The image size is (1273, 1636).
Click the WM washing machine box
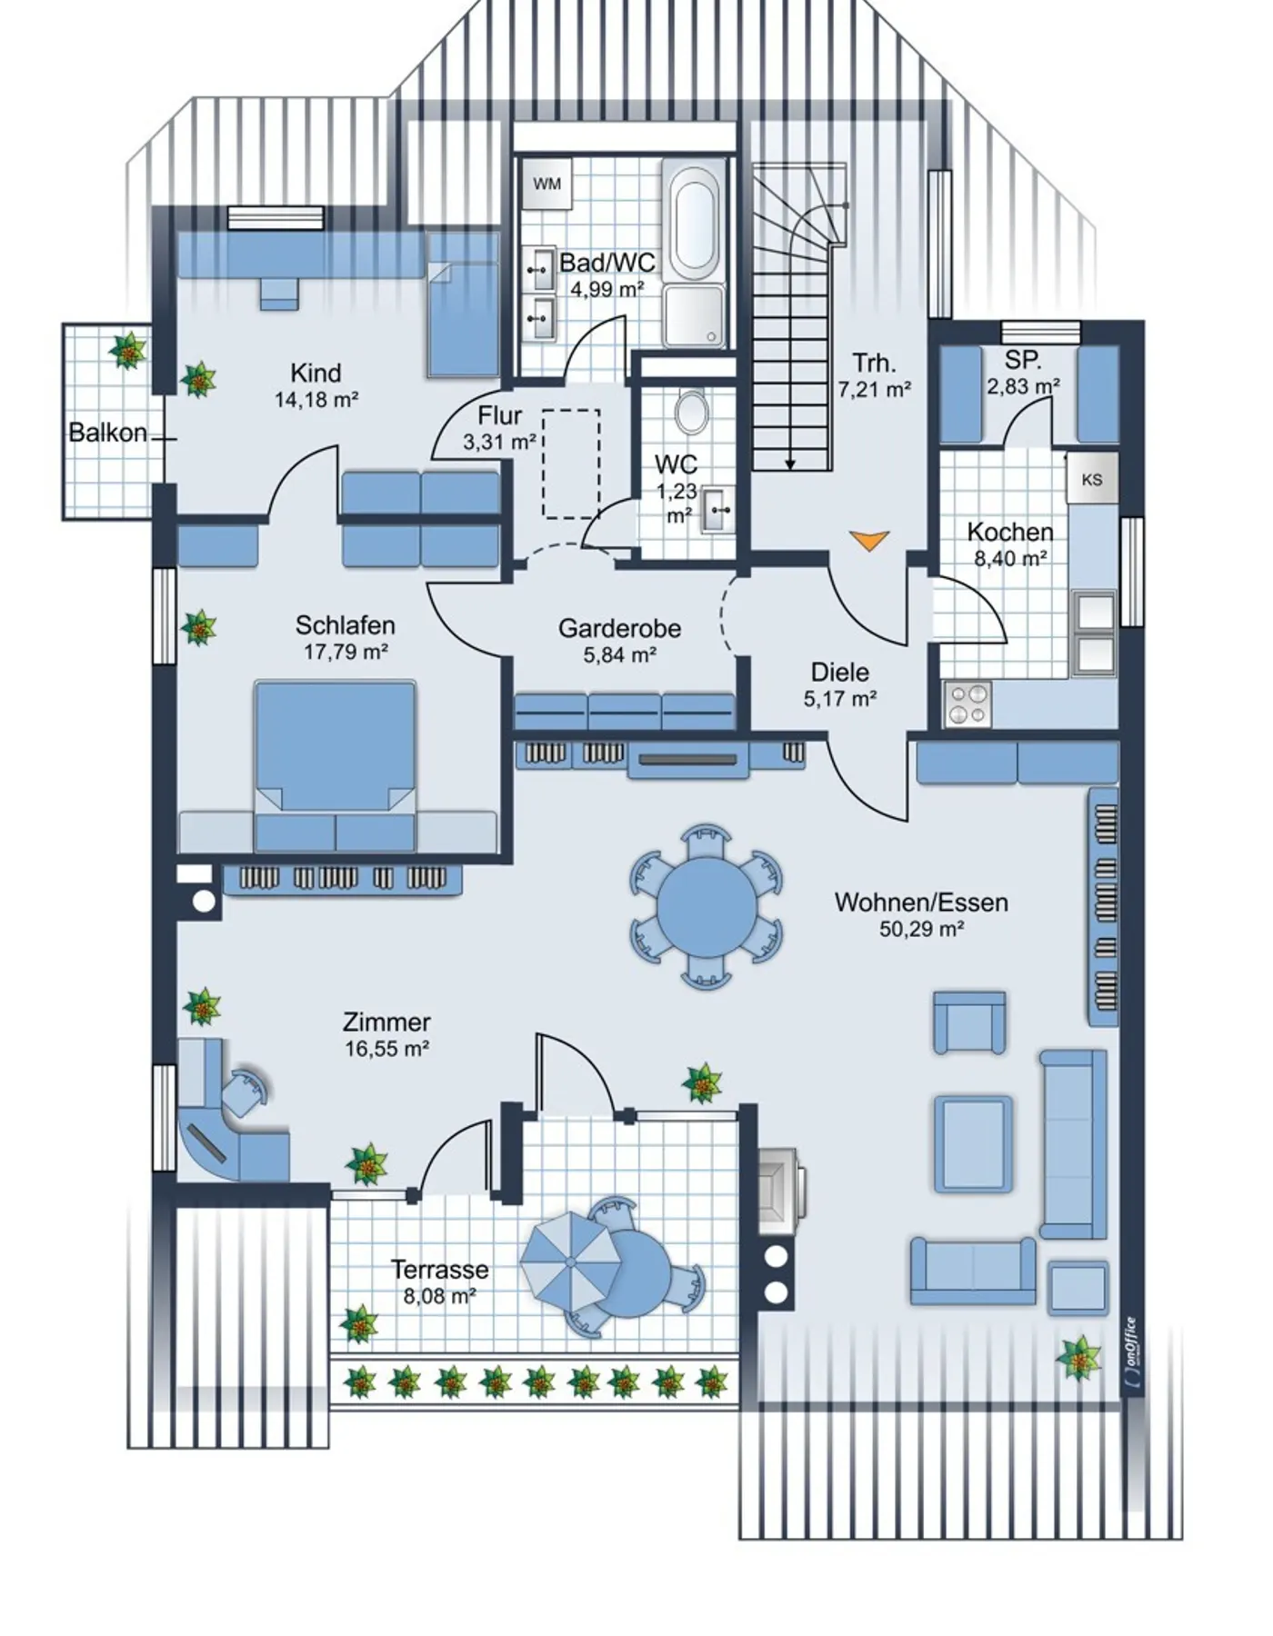[546, 185]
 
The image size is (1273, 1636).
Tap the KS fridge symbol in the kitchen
[1091, 479]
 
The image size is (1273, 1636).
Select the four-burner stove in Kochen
[967, 703]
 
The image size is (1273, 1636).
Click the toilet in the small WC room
[693, 412]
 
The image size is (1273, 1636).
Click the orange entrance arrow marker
[869, 541]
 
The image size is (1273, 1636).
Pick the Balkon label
[108, 433]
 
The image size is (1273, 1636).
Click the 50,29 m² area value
[921, 929]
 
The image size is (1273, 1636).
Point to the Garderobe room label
[619, 628]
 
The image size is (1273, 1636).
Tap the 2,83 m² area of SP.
[1023, 386]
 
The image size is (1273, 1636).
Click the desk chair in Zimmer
[246, 1092]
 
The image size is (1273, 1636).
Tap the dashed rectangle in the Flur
[571, 464]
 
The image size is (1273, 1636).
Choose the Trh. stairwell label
[874, 364]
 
